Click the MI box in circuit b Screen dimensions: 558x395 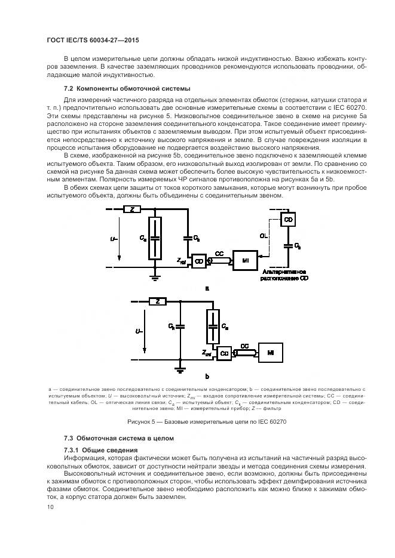(270, 353)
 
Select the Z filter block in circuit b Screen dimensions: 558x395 (157, 303)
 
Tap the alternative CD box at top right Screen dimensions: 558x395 (289, 220)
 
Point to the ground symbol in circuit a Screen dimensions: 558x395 (154, 277)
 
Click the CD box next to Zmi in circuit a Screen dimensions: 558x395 (199, 261)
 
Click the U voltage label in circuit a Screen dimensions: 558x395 (114, 238)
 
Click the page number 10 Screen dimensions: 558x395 (50, 507)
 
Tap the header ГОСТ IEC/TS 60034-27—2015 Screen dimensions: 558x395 (89, 39)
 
